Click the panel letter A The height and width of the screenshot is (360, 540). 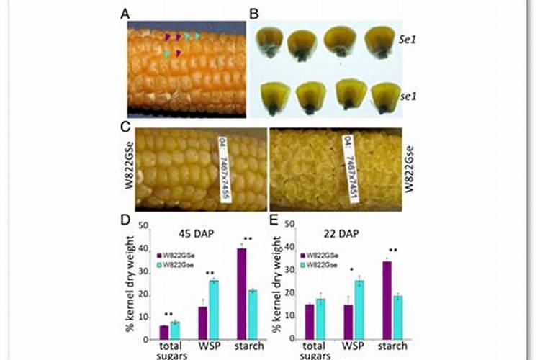pyautogui.click(x=126, y=13)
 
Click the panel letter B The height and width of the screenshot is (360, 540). pyautogui.click(x=253, y=13)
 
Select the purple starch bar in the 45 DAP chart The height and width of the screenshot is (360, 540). pyautogui.click(x=241, y=293)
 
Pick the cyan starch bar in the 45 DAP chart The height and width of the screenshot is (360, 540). pyautogui.click(x=252, y=314)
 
